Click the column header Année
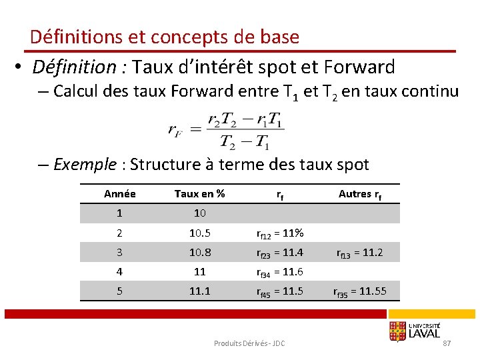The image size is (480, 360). pos(120,194)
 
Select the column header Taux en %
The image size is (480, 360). pos(199,194)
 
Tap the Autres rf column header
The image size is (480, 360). pos(360,194)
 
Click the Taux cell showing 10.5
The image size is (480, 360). pos(199,233)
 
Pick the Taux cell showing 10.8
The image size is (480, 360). pos(199,252)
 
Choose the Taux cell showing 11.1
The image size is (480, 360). pos(199,291)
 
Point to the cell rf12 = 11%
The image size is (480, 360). pos(280,233)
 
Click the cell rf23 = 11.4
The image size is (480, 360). pos(280,253)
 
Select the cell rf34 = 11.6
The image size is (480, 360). pos(280,272)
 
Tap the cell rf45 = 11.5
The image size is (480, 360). pos(280,291)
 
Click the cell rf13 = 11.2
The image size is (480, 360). pos(360,253)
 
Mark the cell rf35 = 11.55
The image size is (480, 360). pos(360,291)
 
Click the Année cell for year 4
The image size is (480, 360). pos(120,271)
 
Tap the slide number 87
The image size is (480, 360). pos(447,343)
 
